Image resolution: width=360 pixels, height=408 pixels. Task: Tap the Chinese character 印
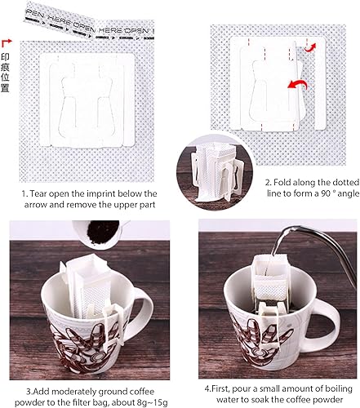[x=5, y=57]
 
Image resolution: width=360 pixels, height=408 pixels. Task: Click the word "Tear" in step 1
[x=39, y=193]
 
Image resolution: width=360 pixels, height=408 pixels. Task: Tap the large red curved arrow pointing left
[x=297, y=85]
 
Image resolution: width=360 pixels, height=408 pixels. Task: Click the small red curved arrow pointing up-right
[x=310, y=47]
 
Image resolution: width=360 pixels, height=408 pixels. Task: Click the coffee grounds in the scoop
[x=103, y=232]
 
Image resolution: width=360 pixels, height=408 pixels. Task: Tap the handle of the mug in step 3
[x=144, y=308]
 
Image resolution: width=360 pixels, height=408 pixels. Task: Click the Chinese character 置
[x=5, y=88]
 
